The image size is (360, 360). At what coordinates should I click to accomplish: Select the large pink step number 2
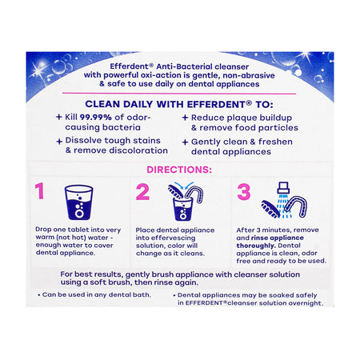[x=142, y=193]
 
